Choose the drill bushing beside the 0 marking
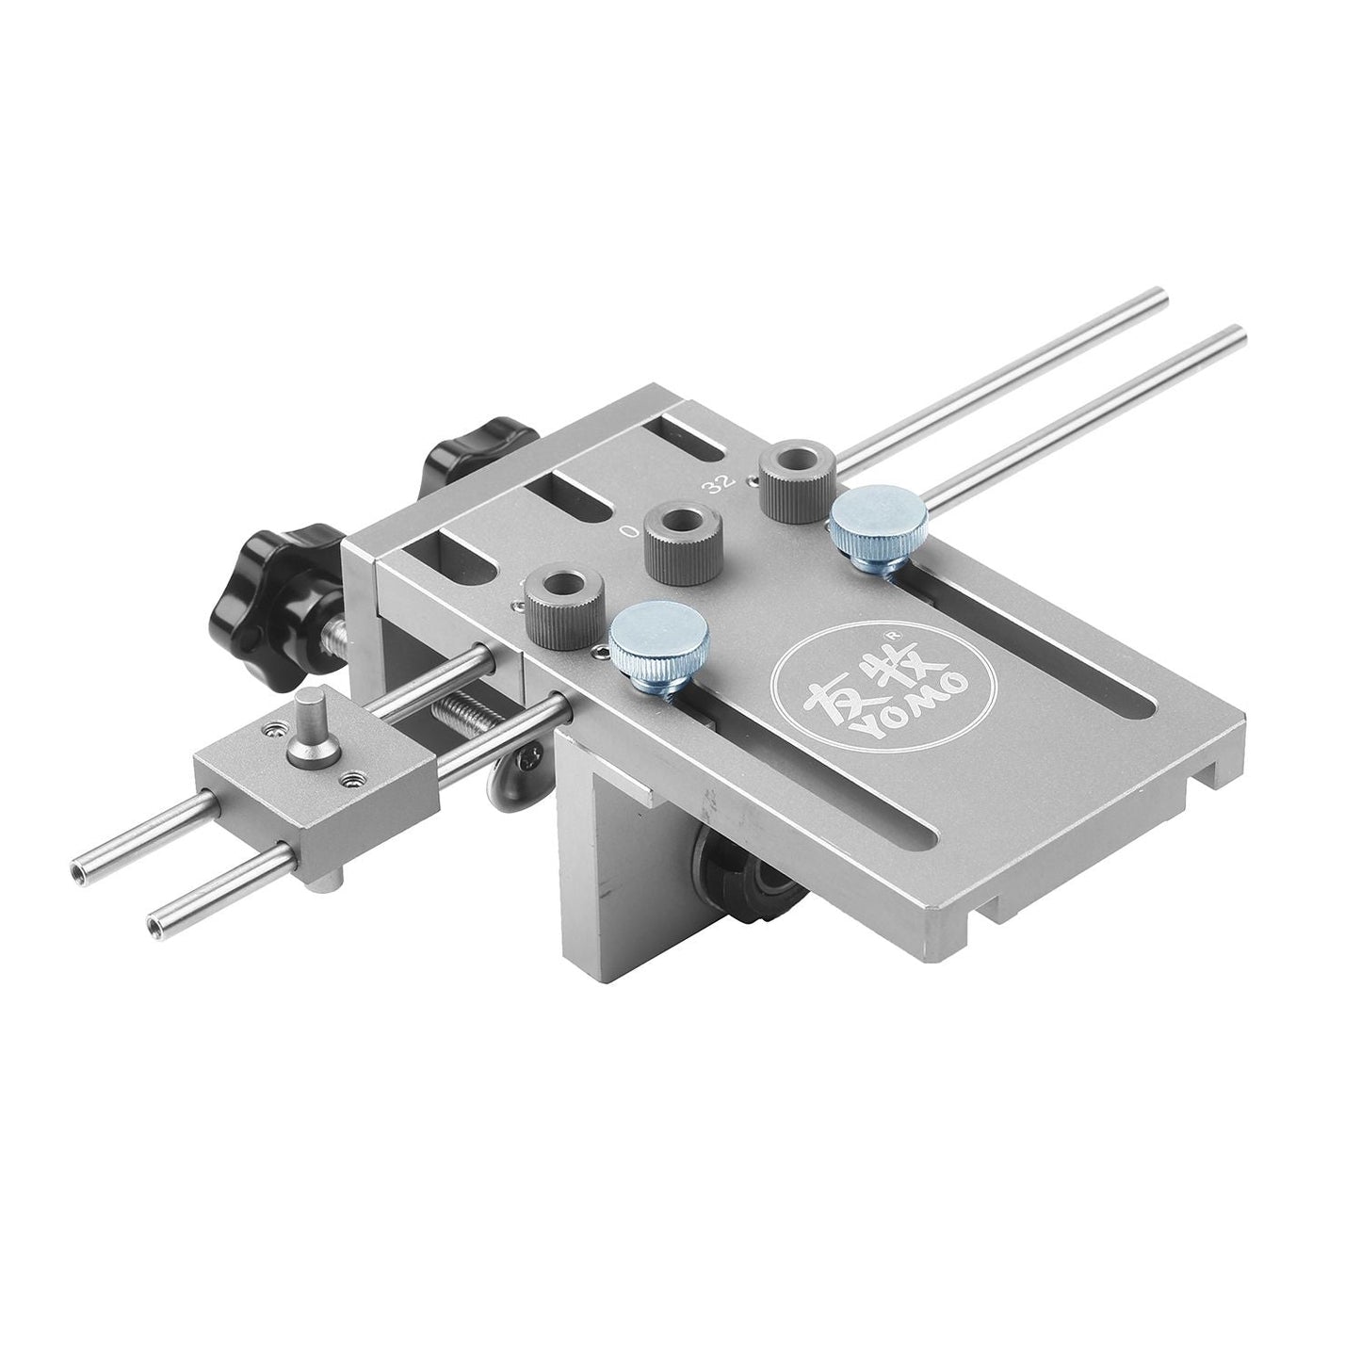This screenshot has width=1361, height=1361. pos(680,535)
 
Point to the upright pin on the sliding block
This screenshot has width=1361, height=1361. pos(309,720)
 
